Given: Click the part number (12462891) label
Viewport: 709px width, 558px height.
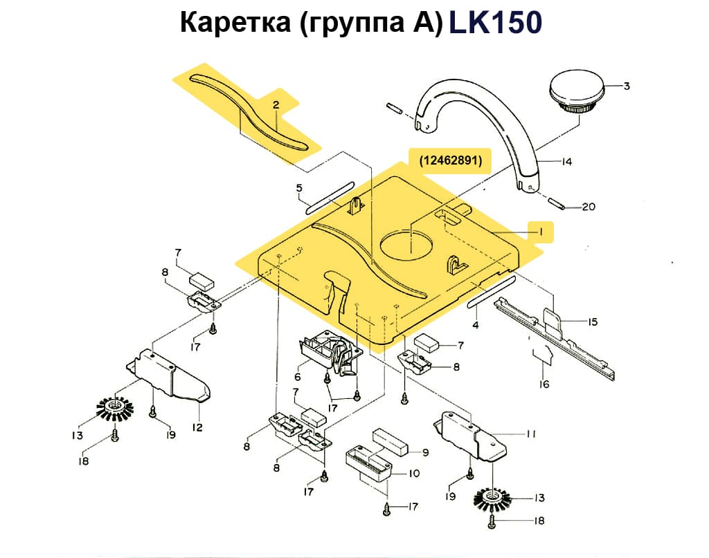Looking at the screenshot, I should click(x=450, y=160).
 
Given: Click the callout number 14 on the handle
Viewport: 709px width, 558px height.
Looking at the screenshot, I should click(x=566, y=162).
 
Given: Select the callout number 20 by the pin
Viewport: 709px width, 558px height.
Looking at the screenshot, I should click(x=588, y=207).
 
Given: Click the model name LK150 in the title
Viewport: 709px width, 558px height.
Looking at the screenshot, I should click(x=495, y=23).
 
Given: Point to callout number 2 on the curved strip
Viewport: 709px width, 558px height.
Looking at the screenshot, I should click(x=276, y=105).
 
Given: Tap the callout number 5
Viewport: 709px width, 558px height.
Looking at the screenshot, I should click(x=298, y=187).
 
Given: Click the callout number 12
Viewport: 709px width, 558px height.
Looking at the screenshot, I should click(x=197, y=427).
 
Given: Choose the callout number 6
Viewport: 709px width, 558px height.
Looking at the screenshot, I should click(x=298, y=378).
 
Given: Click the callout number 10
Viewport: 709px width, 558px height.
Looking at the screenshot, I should click(x=414, y=474).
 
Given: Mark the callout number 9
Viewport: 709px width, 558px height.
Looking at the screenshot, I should click(x=426, y=452).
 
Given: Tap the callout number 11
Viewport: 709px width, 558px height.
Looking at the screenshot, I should click(x=531, y=434).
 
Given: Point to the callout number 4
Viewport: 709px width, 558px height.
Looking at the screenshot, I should click(x=476, y=324).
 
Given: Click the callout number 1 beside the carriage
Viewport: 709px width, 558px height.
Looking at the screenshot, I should click(x=541, y=232).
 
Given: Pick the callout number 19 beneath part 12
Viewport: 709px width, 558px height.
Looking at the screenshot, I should click(x=170, y=434).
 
